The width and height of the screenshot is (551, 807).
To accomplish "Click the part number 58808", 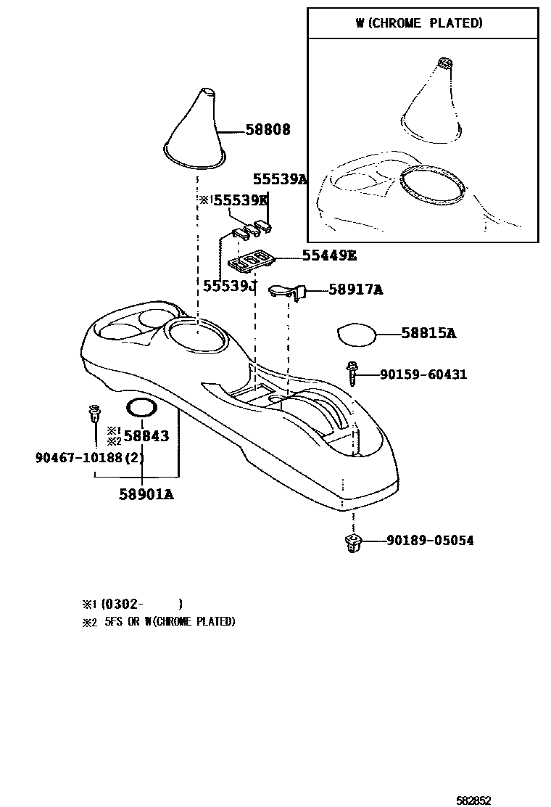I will click(x=268, y=130).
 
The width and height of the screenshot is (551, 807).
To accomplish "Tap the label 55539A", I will click(x=280, y=179).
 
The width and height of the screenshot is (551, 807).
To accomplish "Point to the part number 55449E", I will click(x=329, y=255).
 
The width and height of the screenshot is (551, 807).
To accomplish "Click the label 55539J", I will click(x=230, y=286).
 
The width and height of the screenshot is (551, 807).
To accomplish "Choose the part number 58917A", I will click(x=355, y=290).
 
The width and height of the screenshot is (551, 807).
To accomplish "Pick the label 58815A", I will click(x=428, y=333).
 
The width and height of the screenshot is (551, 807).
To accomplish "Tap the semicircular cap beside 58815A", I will click(x=357, y=335).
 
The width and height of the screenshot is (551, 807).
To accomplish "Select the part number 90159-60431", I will click(x=423, y=374).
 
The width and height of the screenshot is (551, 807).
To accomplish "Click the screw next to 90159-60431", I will click(x=353, y=372).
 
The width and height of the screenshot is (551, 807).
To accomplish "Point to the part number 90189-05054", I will click(x=430, y=541).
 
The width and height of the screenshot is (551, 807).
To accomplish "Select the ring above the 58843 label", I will click(x=141, y=408).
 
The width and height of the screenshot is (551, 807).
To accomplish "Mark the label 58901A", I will click(x=146, y=494).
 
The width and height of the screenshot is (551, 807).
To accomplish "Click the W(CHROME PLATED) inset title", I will click(x=419, y=23).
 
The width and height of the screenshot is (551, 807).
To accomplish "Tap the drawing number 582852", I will click(x=473, y=800).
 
